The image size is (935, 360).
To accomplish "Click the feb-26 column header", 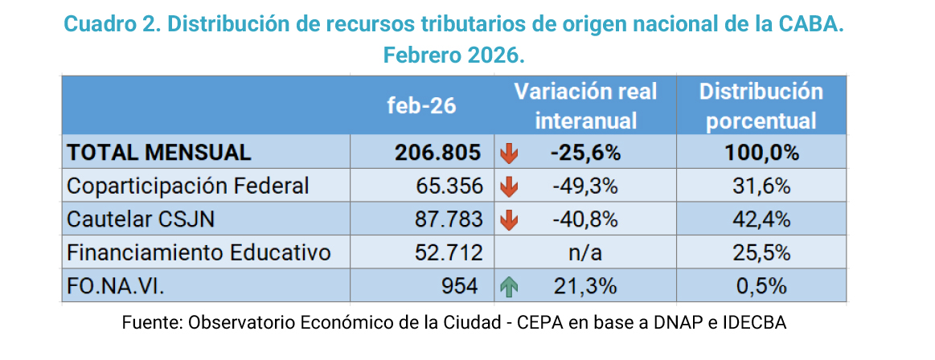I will tap(421, 106).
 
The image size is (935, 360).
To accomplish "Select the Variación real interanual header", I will tap(585, 106).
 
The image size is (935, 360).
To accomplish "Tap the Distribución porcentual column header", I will tap(761, 106).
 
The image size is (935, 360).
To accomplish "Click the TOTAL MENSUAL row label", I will tap(159, 153).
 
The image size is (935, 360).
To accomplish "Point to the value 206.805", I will tap(438, 153).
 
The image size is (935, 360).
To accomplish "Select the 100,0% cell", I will tap(761, 153).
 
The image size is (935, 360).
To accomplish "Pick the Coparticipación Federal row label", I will tap(188, 186).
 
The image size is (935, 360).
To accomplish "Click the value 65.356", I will tap(449, 186).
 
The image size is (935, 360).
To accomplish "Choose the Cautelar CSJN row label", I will tap(141, 219).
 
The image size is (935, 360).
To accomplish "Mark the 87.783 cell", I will tap(449, 219).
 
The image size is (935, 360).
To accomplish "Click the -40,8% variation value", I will tap(585, 219).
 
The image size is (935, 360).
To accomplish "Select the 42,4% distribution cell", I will tap(761, 219).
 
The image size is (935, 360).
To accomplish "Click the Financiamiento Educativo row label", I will tap(199, 253).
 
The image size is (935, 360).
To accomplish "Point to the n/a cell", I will tap(585, 253).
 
